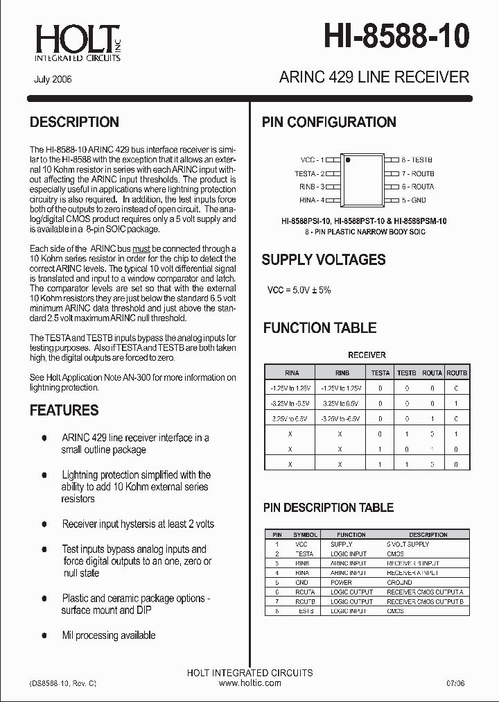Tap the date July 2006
(53, 80)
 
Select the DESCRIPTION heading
(74, 122)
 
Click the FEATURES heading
(64, 410)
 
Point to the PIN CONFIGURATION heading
(329, 122)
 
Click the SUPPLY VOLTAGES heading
(323, 260)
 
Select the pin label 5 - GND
(414, 200)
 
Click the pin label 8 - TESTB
(417, 160)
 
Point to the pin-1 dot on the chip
(349, 160)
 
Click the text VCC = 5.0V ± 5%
(299, 290)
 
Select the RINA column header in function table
(292, 373)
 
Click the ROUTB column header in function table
(456, 373)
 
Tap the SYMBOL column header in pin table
(305, 535)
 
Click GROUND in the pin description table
(399, 583)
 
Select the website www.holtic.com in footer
(249, 683)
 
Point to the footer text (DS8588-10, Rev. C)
(63, 683)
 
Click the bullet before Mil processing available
(44, 635)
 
